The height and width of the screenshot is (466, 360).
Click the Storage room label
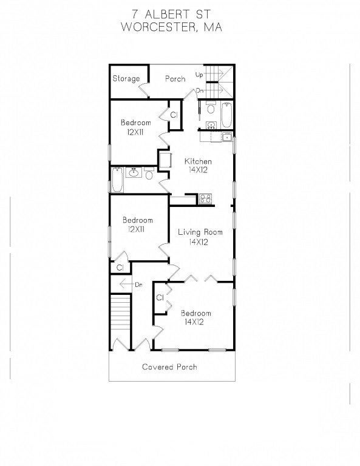[126, 79]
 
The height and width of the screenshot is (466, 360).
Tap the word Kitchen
[198, 161]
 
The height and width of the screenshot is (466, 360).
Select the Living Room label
[200, 232]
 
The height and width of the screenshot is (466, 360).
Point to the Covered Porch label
[169, 366]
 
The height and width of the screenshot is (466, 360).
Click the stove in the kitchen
[205, 198]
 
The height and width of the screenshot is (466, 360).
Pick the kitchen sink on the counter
[228, 137]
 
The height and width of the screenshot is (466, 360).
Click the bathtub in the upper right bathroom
[227, 115]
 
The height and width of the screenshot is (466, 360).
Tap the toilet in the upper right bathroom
[211, 108]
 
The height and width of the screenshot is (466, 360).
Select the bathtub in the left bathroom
[117, 180]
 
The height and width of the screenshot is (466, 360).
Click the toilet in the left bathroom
[149, 173]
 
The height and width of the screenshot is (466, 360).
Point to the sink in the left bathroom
[134, 172]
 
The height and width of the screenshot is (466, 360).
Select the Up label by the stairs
[199, 75]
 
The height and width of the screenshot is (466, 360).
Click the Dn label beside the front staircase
[138, 285]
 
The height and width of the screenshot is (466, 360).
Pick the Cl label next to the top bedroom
[174, 115]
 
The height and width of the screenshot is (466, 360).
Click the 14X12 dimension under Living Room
[199, 242]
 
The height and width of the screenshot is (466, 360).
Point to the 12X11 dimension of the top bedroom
[135, 132]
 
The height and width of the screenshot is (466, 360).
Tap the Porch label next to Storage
[175, 79]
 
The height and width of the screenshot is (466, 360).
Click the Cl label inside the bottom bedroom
[160, 297]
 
